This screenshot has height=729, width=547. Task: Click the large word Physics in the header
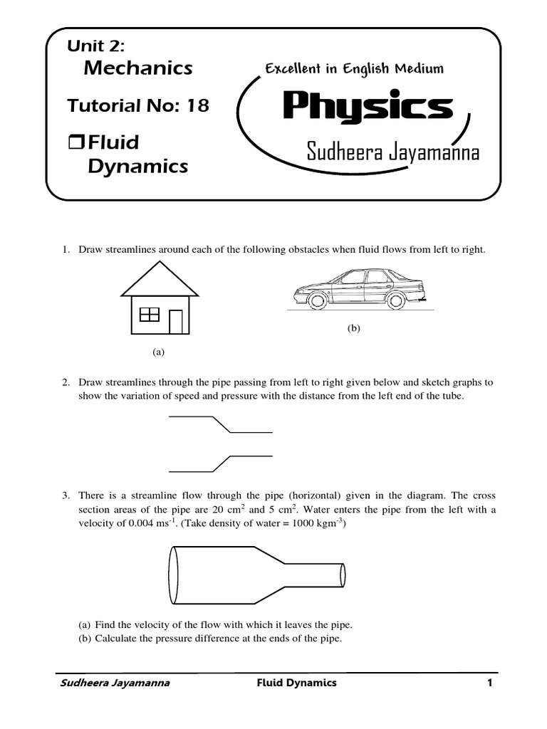[368, 107]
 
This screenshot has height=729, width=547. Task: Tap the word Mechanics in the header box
[138, 68]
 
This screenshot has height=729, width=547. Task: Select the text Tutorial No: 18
[138, 106]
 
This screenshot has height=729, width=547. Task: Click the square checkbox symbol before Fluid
[75, 143]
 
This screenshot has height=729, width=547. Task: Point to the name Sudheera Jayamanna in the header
[393, 152]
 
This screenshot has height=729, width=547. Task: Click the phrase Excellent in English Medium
[354, 68]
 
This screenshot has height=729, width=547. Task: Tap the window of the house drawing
[150, 314]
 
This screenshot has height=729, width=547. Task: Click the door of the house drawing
[176, 321]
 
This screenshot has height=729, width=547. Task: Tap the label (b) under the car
[354, 328]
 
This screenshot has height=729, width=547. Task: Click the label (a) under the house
[158, 352]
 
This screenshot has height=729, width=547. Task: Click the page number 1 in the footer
[490, 683]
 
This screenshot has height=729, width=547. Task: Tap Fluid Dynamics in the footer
[296, 683]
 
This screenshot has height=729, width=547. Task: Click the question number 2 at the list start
[63, 382]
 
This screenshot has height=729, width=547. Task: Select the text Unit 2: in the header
[95, 46]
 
